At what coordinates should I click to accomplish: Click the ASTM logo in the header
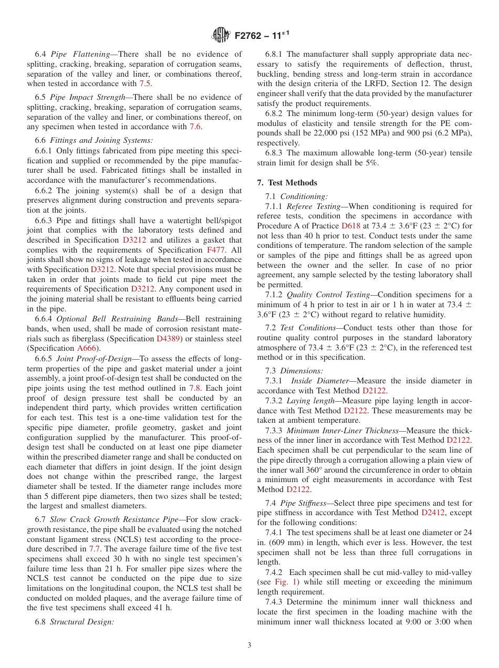(x=221, y=36)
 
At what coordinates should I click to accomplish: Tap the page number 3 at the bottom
(x=250, y=645)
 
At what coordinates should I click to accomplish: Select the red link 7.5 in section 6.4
(x=145, y=83)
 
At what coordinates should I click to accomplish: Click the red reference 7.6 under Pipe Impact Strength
(x=195, y=127)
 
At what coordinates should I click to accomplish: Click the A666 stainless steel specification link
(x=86, y=348)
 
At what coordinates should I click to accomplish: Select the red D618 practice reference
(x=351, y=225)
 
